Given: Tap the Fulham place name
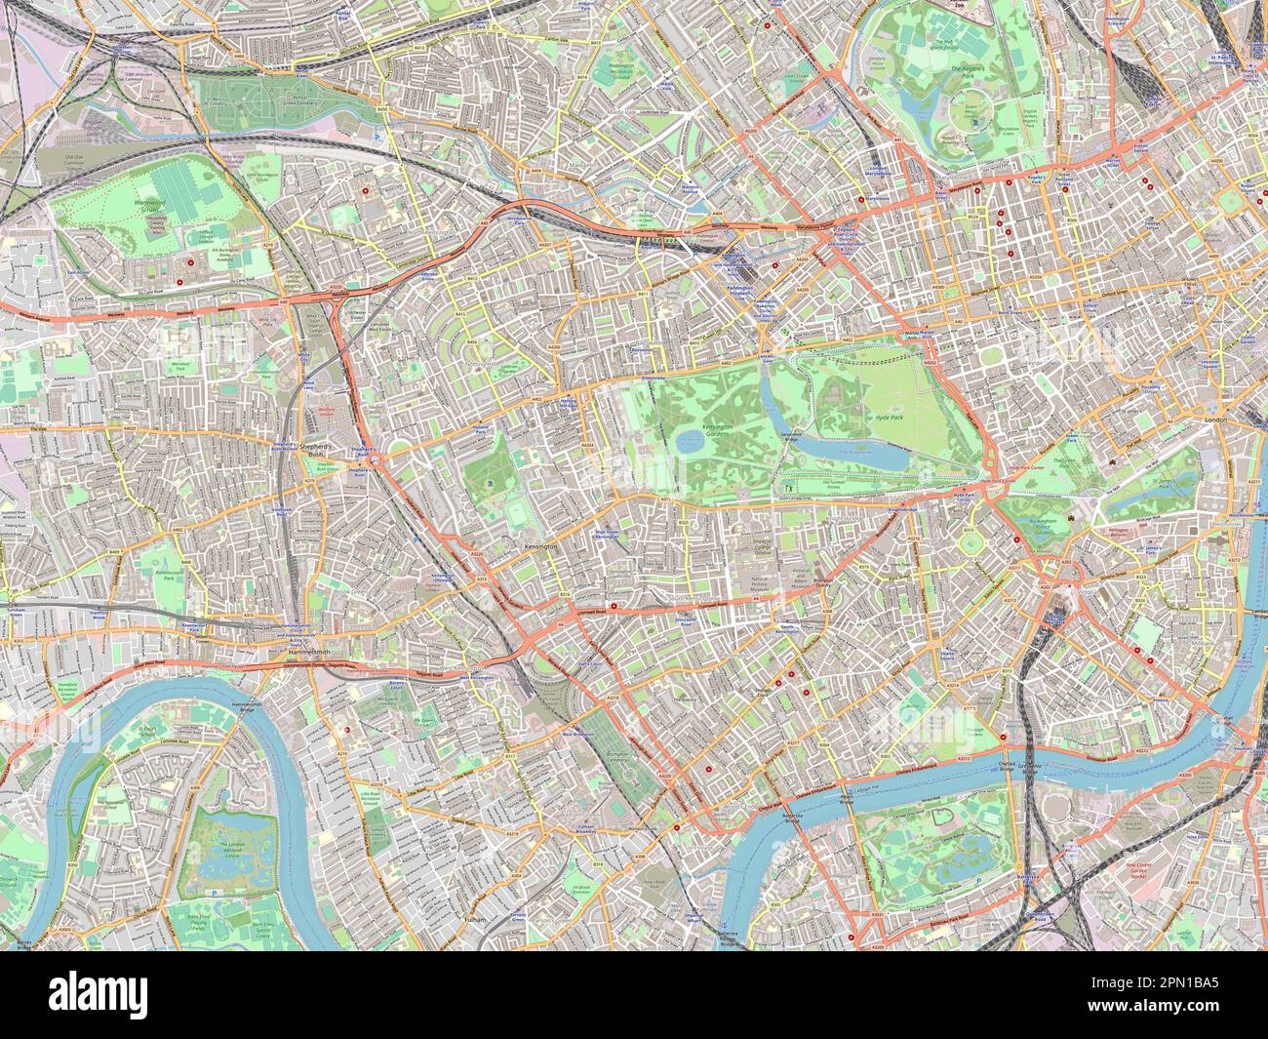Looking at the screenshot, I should pyautogui.click(x=475, y=919).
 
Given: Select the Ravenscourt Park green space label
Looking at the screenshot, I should pyautogui.click(x=156, y=575).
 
